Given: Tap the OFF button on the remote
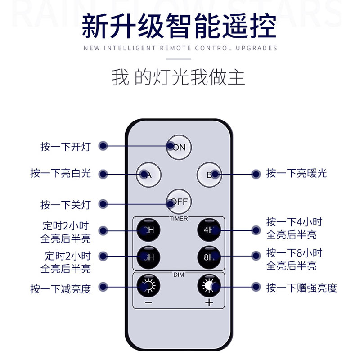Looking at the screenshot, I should [179, 202].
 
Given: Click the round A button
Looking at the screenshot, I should [148, 175].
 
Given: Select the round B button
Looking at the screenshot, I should [209, 175].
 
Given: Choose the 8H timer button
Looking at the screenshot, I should [209, 257].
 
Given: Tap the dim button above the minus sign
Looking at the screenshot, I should [148, 285].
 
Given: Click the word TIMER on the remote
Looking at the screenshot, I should [179, 219].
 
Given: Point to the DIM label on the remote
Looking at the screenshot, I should [179, 274].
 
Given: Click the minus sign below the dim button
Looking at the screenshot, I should [148, 302].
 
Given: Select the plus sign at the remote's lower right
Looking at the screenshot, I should [209, 302].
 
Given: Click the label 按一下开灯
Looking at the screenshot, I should [66, 147].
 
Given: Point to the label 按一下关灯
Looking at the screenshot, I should [66, 205].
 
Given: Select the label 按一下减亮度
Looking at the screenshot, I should [61, 288].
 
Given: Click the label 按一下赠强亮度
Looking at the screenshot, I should [301, 288].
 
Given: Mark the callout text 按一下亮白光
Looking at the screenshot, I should [61, 173].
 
